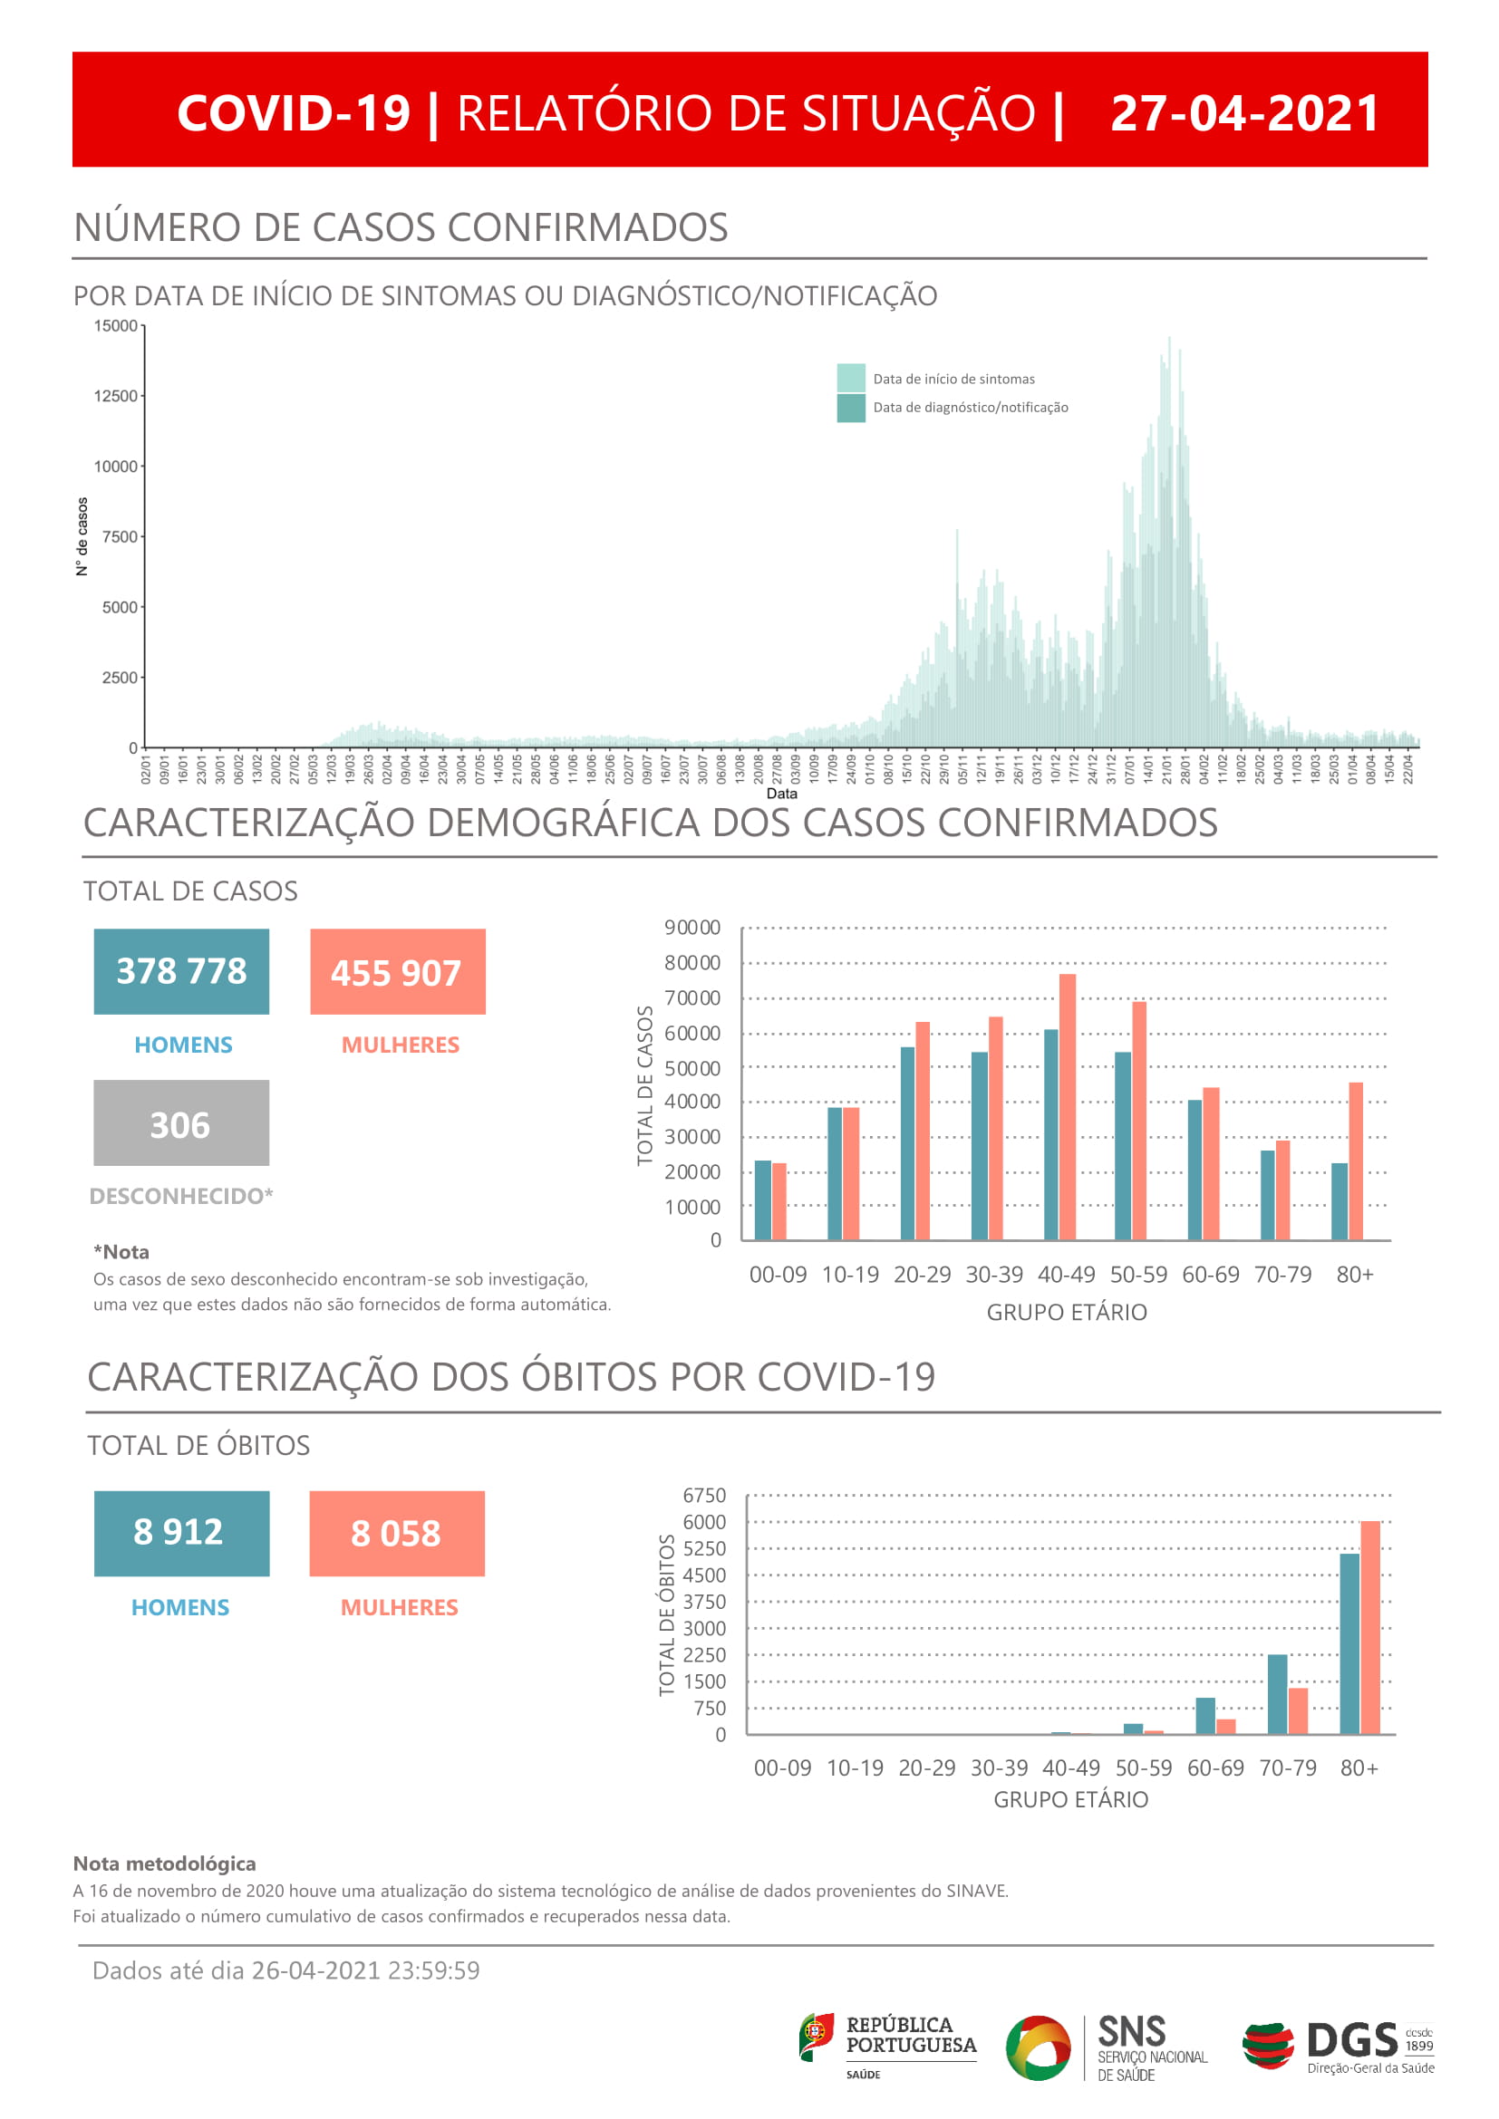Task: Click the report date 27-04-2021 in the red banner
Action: [1244, 113]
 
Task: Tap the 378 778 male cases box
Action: [181, 971]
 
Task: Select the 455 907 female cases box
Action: [397, 972]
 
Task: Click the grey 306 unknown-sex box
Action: [181, 1123]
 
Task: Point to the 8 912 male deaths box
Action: [181, 1533]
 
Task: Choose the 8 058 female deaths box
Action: [397, 1533]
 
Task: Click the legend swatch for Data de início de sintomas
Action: [850, 378]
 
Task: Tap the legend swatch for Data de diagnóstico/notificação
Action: [850, 407]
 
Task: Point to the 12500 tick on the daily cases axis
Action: [115, 396]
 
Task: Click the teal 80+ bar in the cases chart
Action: [1339, 1200]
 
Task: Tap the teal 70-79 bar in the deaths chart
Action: [1277, 1694]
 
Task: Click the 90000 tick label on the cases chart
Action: [692, 928]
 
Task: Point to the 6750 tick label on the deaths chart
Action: [704, 1495]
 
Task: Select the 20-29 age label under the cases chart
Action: [921, 1275]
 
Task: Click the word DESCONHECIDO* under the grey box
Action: [181, 1196]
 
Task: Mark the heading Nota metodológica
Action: [164, 1864]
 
